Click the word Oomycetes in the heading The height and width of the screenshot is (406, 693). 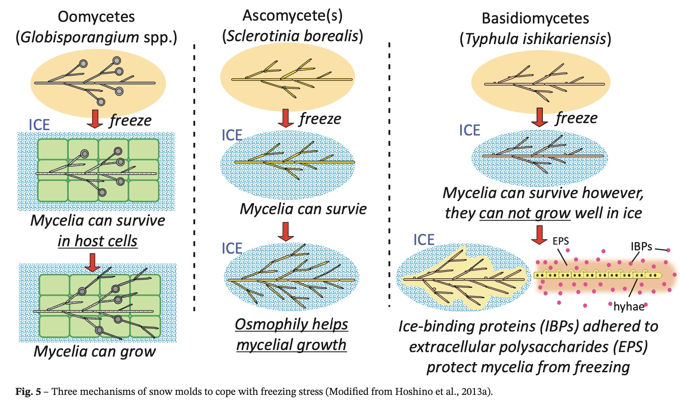tap(96, 17)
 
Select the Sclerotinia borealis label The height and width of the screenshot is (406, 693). tap(293, 36)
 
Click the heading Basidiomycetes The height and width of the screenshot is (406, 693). tap(535, 19)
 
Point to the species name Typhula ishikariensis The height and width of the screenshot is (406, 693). tap(535, 39)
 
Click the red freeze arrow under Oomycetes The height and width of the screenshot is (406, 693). tap(95, 119)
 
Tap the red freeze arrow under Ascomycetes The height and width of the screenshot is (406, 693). tap(286, 118)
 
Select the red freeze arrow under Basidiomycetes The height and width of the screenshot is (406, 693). tap(539, 117)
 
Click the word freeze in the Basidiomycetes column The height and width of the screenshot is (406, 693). tap(576, 118)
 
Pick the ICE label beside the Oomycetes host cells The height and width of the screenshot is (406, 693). tap(39, 125)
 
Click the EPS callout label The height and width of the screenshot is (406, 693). tap(560, 241)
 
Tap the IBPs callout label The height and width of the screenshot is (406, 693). tap(641, 246)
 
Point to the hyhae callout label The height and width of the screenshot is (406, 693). tap(629, 306)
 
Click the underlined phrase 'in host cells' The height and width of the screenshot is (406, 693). tap(98, 241)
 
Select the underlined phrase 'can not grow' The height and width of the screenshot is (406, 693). tap(525, 213)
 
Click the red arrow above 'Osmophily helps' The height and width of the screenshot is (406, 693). tap(286, 231)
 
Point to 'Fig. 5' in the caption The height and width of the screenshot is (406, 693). tap(28, 391)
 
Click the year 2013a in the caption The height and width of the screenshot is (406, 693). tap(477, 391)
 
